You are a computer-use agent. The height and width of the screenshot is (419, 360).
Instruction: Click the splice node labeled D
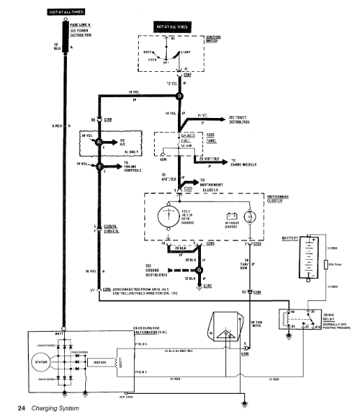click(179, 96)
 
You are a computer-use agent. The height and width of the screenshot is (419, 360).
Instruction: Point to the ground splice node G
click(199, 270)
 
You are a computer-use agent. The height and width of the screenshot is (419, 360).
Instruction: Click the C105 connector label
click(244, 353)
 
